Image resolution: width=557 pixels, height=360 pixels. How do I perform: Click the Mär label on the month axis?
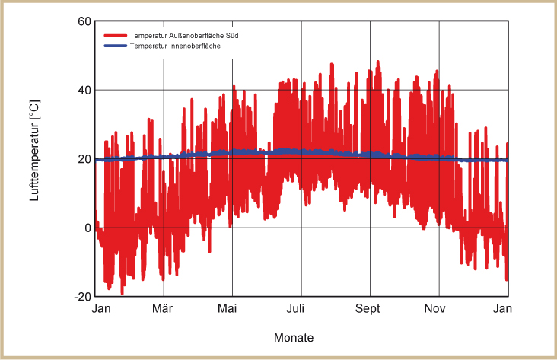(x=162, y=309)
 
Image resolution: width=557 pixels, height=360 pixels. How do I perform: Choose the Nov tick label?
(x=434, y=309)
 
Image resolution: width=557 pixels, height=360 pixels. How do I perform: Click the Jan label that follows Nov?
(x=501, y=309)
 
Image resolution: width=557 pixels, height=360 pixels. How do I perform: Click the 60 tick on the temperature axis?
(x=84, y=21)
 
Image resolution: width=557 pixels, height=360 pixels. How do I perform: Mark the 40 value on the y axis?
(x=84, y=90)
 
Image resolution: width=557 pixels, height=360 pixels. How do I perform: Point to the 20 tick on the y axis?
(x=84, y=159)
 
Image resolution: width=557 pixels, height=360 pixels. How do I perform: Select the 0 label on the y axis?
(x=88, y=228)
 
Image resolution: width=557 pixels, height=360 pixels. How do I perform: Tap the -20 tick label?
(x=82, y=297)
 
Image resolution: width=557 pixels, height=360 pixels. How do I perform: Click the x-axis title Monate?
(x=293, y=337)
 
